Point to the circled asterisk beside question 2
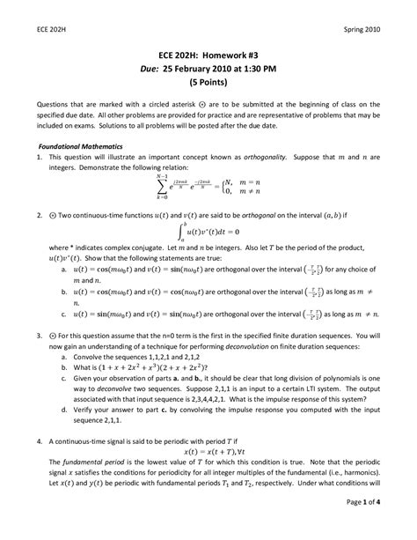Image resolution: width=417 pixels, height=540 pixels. click(x=41, y=214)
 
